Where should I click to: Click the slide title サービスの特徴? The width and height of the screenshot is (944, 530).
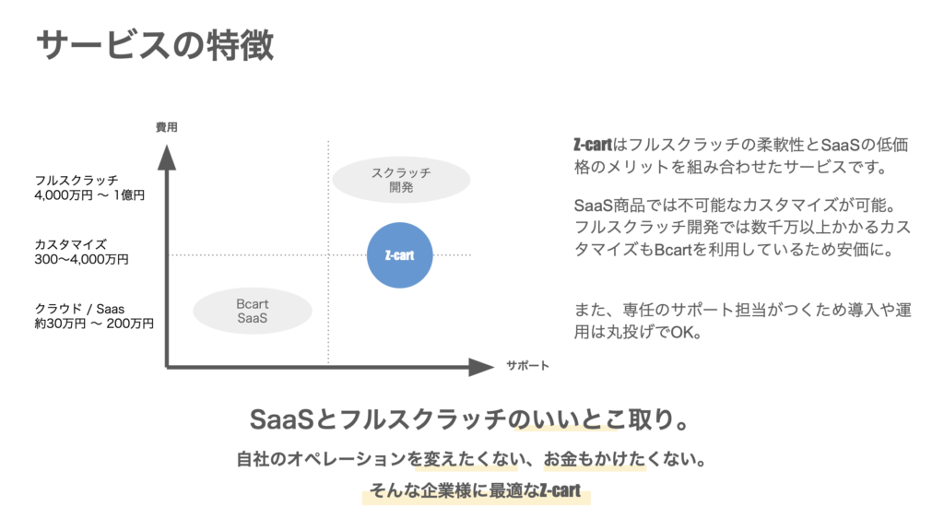click(x=155, y=45)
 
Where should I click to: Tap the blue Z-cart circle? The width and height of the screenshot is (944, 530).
click(x=400, y=255)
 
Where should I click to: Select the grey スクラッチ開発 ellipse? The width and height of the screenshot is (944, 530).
click(x=401, y=180)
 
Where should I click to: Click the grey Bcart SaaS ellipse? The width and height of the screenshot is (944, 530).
click(x=253, y=311)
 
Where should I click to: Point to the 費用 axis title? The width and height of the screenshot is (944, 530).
click(x=167, y=127)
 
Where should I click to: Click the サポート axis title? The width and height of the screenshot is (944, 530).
click(x=527, y=366)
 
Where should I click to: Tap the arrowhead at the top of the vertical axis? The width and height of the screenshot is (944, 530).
click(x=167, y=158)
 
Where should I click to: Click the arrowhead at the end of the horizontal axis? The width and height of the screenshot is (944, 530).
click(x=481, y=367)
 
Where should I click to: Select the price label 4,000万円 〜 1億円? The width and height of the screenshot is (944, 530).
click(x=89, y=195)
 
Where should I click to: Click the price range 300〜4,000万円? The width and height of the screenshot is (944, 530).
click(x=82, y=260)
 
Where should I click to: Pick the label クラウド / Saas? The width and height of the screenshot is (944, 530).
click(x=79, y=309)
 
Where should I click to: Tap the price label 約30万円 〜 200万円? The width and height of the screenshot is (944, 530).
click(x=94, y=324)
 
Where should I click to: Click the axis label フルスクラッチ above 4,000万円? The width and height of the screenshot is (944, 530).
click(x=77, y=180)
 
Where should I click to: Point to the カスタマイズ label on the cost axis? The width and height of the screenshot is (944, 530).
click(x=70, y=244)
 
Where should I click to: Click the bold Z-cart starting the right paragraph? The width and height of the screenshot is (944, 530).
click(x=593, y=145)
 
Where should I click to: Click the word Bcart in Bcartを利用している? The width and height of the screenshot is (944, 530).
click(x=673, y=250)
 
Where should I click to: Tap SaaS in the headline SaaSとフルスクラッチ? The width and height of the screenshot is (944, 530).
click(x=282, y=419)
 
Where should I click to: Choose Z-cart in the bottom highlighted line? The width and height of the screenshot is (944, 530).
click(x=560, y=491)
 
